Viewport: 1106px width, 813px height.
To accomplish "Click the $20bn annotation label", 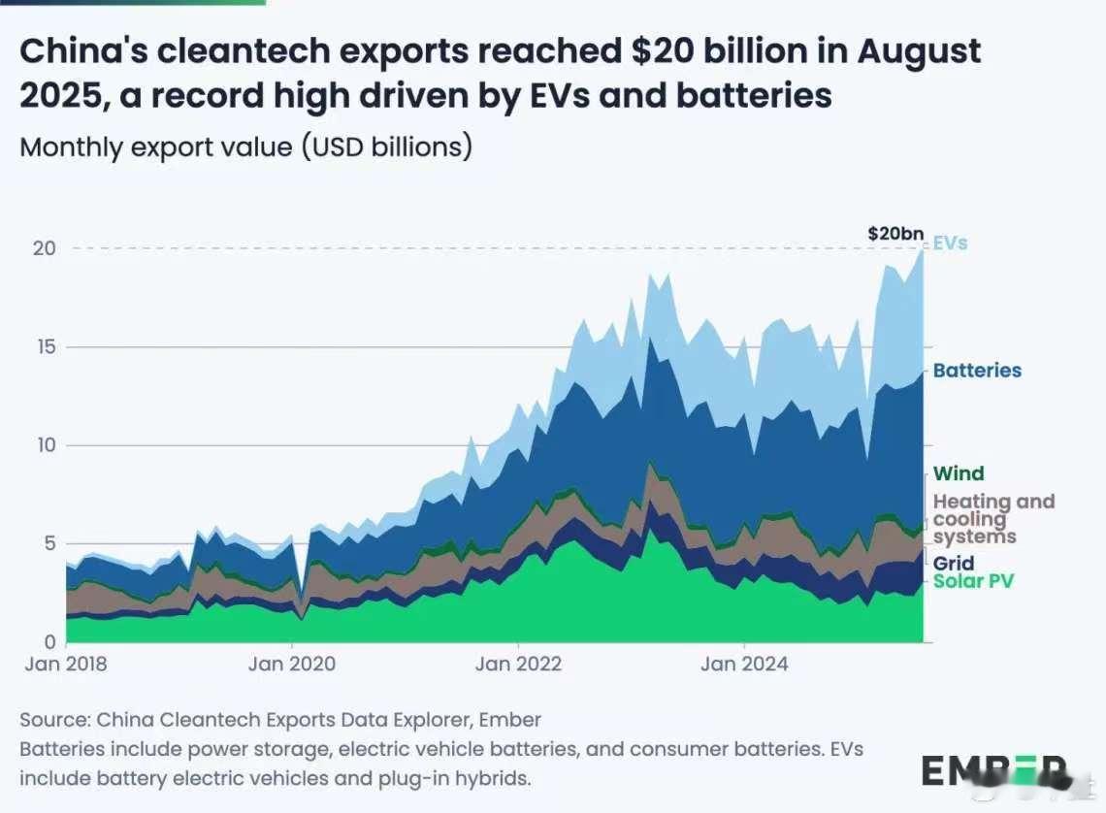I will point(895,234).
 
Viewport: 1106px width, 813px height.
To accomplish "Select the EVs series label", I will point(950,243).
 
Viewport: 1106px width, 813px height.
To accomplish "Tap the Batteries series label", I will point(977,371).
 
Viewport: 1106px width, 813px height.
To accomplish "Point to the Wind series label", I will point(959,473).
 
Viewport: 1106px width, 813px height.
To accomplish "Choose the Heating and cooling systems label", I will point(992,519).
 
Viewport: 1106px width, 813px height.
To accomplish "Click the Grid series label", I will point(953,564).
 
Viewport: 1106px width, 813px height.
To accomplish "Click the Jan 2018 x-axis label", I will point(66,665).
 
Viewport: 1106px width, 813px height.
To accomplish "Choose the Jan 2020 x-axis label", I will point(292,665).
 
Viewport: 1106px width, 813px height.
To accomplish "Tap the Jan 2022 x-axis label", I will point(519,665).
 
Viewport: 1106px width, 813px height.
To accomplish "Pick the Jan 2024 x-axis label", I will point(745,665).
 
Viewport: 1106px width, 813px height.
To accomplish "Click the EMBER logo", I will point(996,772).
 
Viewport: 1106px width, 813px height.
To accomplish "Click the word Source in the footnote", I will point(51,721).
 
